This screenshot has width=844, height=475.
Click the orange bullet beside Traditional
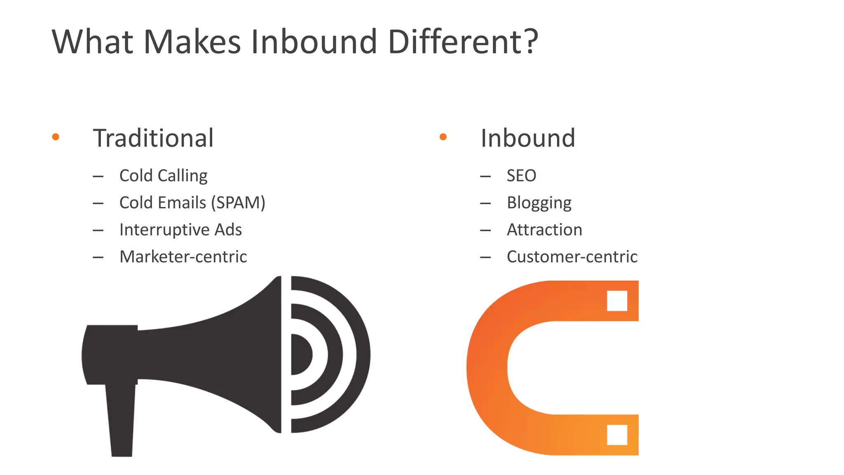pyautogui.click(x=56, y=137)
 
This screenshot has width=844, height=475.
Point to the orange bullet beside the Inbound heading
pyautogui.click(x=443, y=137)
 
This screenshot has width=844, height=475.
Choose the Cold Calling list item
pyautogui.click(x=163, y=176)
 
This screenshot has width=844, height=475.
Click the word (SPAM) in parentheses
pyautogui.click(x=238, y=203)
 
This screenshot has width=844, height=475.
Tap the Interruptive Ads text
pyautogui.click(x=181, y=230)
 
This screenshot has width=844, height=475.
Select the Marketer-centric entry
pyautogui.click(x=183, y=256)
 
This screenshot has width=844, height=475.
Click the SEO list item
pyautogui.click(x=521, y=176)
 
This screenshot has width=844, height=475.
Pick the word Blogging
pyautogui.click(x=539, y=203)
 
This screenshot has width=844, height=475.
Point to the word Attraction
pyautogui.click(x=544, y=230)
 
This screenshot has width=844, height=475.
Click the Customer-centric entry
pyautogui.click(x=572, y=256)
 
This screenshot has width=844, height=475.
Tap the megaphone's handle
pyautogui.click(x=121, y=421)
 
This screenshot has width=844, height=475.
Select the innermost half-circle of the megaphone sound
pyautogui.click(x=301, y=355)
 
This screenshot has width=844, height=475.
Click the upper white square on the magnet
pyautogui.click(x=617, y=301)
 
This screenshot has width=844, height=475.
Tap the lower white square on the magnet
pyautogui.click(x=617, y=435)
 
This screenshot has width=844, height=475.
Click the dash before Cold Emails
pyautogui.click(x=98, y=203)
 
